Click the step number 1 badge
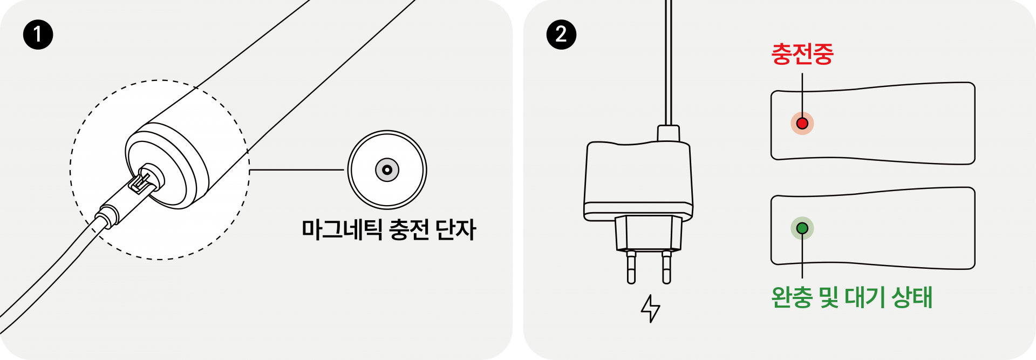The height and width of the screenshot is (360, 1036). coord(38,35)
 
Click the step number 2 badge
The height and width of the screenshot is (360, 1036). coord(561,35)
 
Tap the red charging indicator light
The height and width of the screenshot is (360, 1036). coord(802,124)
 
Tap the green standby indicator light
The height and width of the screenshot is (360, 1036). coord(802,228)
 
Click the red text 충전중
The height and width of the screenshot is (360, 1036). coord(802,55)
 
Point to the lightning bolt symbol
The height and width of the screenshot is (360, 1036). coord(650,309)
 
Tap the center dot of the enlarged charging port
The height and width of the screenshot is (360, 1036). coord(387,170)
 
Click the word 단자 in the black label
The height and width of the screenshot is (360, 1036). coord(456,230)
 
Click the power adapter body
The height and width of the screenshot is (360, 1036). coord(638,178)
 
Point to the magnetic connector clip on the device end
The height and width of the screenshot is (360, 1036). coord(141,182)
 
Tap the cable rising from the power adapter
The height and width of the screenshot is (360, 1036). coord(669,65)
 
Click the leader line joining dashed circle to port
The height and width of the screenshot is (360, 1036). coord(297,170)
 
